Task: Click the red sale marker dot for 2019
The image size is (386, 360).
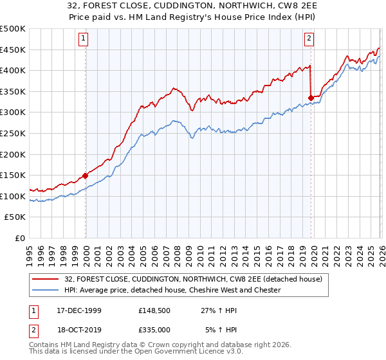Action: pos(311,98)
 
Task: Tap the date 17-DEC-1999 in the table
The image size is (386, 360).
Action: pos(79,310)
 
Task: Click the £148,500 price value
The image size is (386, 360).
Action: pos(154,310)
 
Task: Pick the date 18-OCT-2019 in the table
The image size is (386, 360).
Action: pos(79,329)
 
